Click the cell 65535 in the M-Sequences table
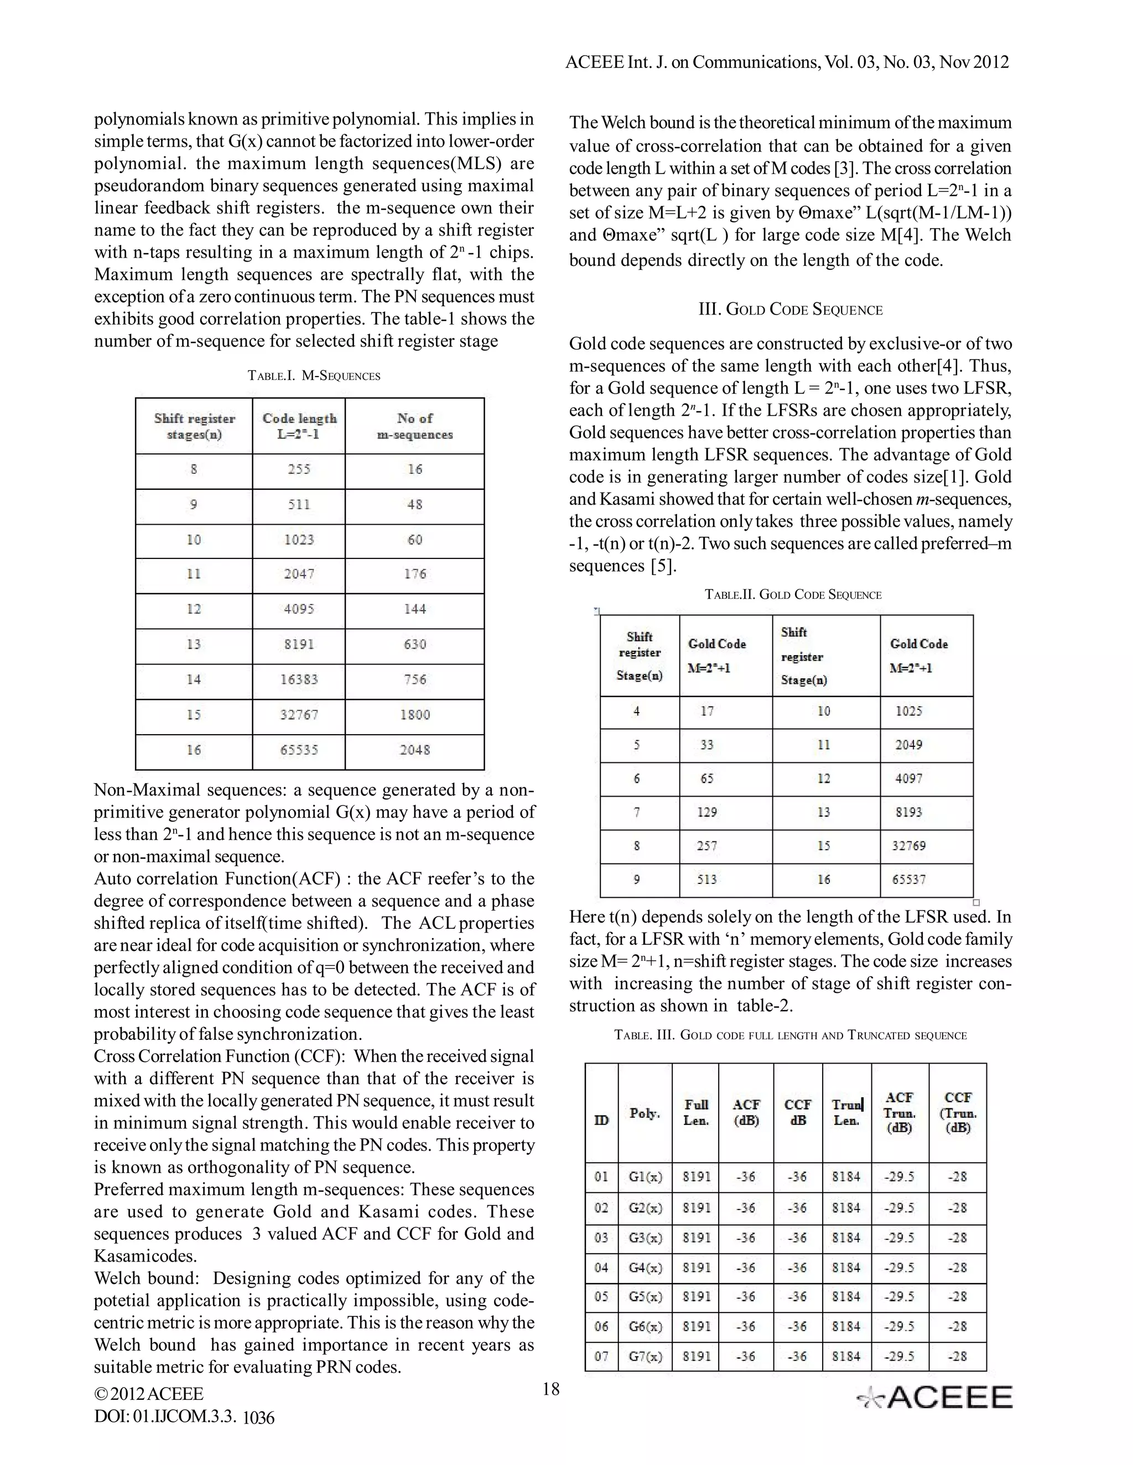click(x=299, y=750)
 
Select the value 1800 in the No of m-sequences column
click(x=415, y=714)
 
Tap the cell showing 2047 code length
click(x=299, y=574)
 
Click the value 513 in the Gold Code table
click(x=707, y=880)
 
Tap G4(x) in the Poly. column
click(x=645, y=1268)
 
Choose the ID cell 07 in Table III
click(x=601, y=1356)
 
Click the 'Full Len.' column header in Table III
click(x=696, y=1112)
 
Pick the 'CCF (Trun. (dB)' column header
click(x=958, y=1112)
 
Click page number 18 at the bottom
click(x=550, y=1389)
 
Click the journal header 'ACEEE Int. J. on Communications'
click(x=787, y=62)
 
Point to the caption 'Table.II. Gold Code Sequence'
click(x=793, y=595)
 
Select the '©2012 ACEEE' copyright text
click(x=148, y=1394)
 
